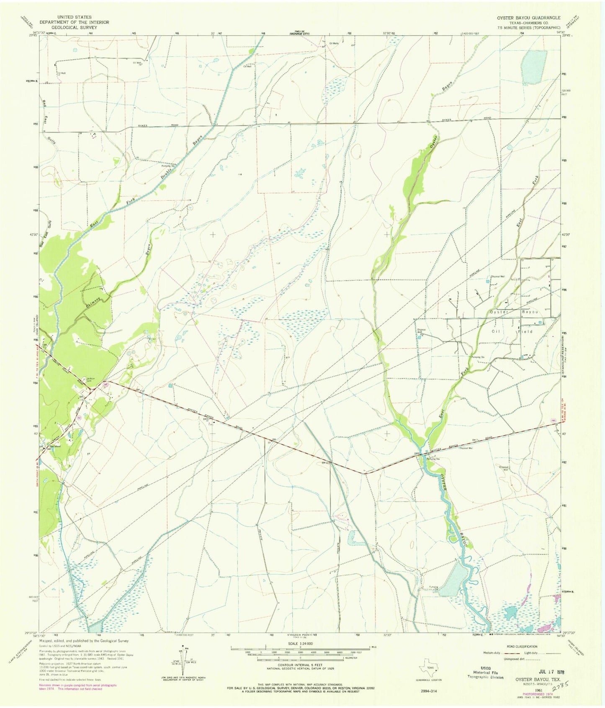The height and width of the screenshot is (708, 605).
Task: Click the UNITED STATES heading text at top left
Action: pos(75,17)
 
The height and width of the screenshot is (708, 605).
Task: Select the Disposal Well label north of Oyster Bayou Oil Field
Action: pos(498,277)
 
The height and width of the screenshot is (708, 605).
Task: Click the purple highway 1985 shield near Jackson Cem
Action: pos(106,384)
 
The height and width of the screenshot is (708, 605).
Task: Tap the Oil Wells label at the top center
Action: pos(334,43)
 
